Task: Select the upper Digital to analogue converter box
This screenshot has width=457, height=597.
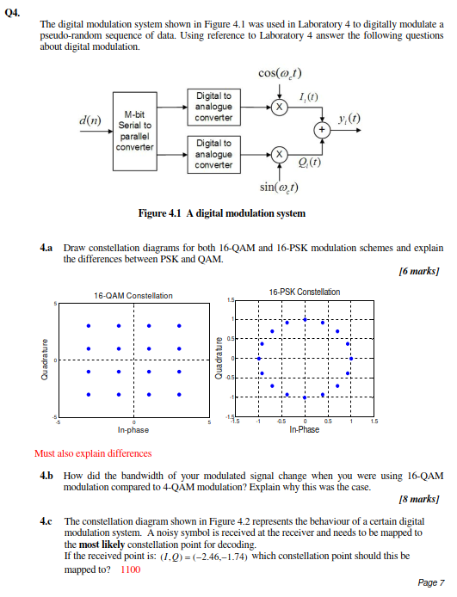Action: (214, 107)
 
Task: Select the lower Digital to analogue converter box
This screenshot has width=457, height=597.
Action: (214, 154)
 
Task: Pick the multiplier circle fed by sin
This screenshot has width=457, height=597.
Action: (278, 154)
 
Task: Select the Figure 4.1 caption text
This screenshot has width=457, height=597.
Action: (221, 212)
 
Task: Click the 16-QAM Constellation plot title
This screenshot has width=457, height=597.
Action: (133, 295)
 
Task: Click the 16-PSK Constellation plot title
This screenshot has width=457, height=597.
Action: (304, 292)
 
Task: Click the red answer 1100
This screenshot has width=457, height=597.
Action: (131, 569)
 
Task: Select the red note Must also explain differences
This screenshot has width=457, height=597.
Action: (92, 453)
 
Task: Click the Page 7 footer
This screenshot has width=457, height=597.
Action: (430, 583)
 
